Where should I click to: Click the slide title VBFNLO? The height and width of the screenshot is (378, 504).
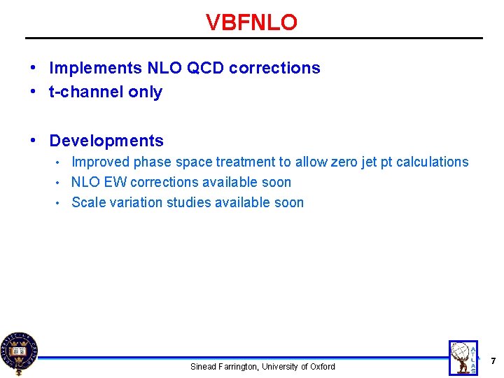[x=251, y=22]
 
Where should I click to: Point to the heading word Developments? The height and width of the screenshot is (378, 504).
[x=106, y=141]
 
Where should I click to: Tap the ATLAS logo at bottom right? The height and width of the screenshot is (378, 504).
[x=464, y=357]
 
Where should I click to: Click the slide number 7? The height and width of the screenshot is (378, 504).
[x=493, y=361]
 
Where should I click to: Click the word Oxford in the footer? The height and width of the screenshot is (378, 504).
[x=322, y=367]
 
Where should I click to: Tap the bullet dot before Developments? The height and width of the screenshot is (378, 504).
[x=34, y=141]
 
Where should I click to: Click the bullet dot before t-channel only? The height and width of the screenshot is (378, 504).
[x=34, y=92]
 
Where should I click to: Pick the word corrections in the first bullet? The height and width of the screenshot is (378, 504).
[x=274, y=68]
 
